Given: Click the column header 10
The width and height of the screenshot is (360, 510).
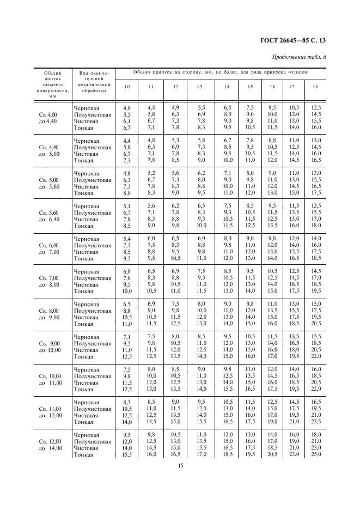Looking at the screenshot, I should point(127,87).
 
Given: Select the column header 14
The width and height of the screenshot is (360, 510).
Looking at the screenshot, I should point(227,87).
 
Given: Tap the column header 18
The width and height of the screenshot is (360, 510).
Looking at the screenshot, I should point(315,87).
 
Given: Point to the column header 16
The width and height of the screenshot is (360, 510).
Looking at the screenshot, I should point(272,87).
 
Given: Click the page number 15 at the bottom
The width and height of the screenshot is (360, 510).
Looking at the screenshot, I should point(180,465).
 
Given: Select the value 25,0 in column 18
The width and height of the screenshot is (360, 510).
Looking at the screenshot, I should point(315,454).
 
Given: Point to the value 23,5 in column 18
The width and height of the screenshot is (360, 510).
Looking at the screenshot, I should point(315,422).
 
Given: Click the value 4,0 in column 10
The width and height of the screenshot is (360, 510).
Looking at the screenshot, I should point(127,108).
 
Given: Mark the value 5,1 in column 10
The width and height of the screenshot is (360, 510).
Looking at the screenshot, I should point(127,206).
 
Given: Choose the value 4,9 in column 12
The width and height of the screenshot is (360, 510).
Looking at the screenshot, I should point(175,108).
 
